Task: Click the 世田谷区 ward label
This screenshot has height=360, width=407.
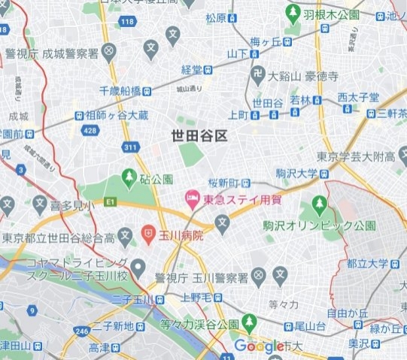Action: coord(199,135)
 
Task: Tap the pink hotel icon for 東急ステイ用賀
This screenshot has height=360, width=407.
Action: coord(192,199)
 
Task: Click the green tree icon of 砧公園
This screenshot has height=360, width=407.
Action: coord(129,180)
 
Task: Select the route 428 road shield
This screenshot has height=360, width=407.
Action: coord(92,130)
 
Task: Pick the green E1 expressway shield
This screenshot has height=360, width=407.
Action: coord(111,201)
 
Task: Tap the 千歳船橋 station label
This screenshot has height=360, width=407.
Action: coord(120,90)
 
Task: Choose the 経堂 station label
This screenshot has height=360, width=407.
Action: coord(193,69)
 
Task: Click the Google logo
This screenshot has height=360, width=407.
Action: coord(260,346)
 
